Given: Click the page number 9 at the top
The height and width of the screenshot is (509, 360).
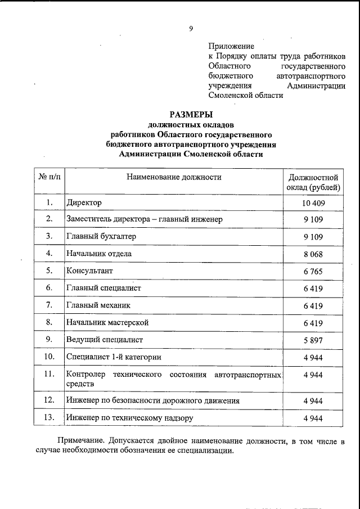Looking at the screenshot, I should point(191,29).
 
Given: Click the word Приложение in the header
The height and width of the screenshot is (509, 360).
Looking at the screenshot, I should point(231,46).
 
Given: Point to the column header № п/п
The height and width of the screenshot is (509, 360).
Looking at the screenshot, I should point(49,177).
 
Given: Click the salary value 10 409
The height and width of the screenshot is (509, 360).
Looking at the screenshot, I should point(312,202).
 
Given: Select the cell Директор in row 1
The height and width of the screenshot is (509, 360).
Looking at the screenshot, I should point(84,202).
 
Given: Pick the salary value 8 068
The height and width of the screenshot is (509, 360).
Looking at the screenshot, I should point(312,254).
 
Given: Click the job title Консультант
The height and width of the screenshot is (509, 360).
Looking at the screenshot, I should point(92,271).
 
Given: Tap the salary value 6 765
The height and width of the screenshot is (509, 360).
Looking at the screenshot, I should point(312,271).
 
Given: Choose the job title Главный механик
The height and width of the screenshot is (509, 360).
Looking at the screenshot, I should point(98,305).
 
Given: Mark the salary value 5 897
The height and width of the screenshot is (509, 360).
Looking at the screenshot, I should point(312,340).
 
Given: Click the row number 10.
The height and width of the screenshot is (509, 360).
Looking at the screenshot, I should point(49,357).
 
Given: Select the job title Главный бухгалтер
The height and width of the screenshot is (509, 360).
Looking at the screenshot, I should point(101,236).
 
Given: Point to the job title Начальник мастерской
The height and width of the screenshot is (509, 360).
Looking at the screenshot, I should point(107,322).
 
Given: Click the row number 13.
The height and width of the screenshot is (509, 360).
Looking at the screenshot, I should point(49,418).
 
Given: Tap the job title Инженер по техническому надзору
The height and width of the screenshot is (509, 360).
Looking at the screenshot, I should point(129,418).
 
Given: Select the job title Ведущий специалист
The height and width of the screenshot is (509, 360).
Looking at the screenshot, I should point(105,340).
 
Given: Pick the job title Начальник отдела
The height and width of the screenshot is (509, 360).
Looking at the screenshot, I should point(99,254).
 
